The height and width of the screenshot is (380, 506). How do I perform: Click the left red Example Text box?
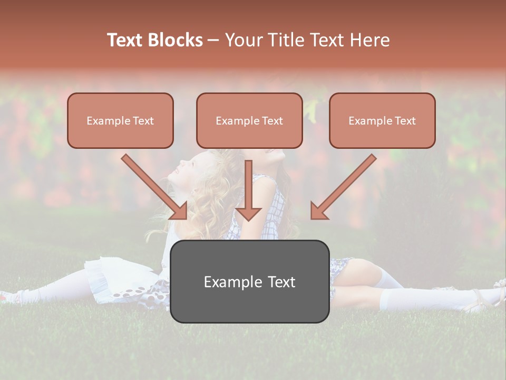[120, 121]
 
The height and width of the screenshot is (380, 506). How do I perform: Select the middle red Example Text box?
[249, 121]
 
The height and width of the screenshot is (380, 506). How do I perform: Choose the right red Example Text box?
[382, 121]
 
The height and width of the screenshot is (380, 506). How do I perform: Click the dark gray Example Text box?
[249, 282]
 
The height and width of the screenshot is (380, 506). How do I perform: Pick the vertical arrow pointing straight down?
[248, 190]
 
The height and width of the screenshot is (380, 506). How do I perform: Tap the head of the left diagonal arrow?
[180, 211]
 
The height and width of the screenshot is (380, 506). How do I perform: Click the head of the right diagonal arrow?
[318, 211]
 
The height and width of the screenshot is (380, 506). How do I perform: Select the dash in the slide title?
[213, 40]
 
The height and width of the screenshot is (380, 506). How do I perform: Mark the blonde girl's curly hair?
[216, 190]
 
